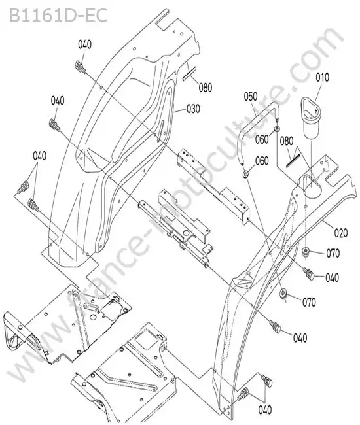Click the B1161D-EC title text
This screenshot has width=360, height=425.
pos(59,16)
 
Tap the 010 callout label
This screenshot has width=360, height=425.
pos(322,77)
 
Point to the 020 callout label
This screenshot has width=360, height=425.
pos(341,233)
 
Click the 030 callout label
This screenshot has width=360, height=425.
pos(193,109)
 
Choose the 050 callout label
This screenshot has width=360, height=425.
pos(251,97)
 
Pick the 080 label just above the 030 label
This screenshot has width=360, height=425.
pos(206,87)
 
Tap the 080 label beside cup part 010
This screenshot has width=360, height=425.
pos(287,141)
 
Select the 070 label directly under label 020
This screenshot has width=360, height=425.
pos(333,254)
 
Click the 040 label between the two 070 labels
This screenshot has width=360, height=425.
pos(332,277)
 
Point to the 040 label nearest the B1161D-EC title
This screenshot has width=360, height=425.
pos(85,44)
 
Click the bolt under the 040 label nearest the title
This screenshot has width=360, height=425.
pos(80,67)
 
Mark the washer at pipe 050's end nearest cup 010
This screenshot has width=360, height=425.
pos(278,128)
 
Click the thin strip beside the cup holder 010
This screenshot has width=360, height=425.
pos(293,161)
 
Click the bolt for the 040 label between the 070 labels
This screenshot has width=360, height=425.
pos(309,273)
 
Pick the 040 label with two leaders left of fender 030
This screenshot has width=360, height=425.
pos(40,156)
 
